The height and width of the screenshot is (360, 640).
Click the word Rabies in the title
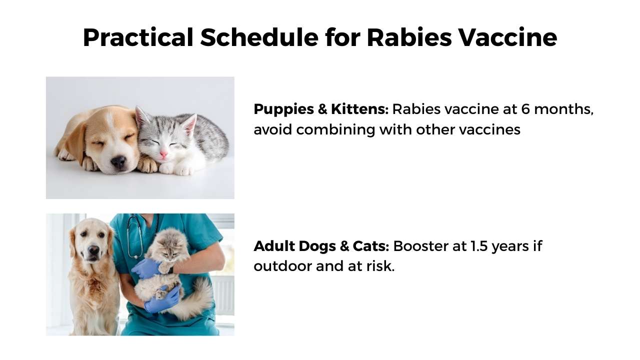409,37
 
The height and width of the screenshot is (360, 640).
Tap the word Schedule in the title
259,37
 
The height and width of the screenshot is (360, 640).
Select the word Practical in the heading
138,37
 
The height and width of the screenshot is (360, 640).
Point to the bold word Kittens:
359,109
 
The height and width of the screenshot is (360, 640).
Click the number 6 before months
525,109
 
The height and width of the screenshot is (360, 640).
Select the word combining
335,130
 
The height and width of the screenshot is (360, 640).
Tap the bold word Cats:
371,246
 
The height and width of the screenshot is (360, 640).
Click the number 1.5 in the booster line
478,246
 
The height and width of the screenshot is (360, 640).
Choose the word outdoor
282,266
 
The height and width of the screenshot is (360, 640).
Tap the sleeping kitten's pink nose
163,154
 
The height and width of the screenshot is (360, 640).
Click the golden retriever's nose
93,250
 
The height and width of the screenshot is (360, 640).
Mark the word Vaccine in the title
507,37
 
